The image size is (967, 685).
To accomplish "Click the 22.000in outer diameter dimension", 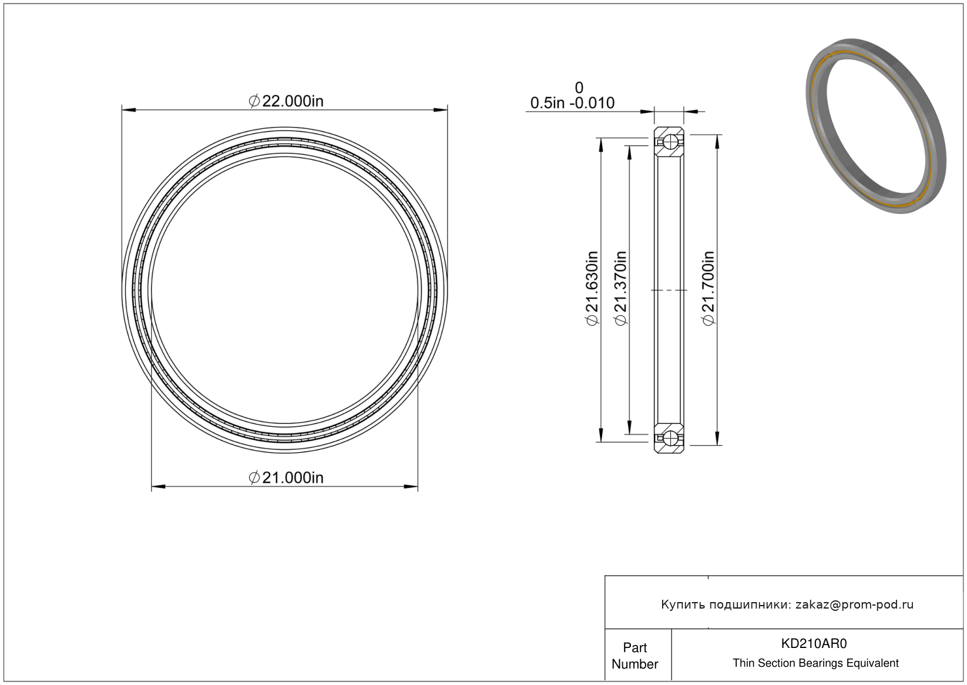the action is tap(286, 101).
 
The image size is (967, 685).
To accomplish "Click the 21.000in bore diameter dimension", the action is tap(286, 477).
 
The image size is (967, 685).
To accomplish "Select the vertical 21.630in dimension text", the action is tap(592, 288).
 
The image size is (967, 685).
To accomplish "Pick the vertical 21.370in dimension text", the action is tap(620, 288).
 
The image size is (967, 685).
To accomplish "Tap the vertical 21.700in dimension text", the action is tap(709, 288).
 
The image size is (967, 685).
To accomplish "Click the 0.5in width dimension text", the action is tap(548, 103).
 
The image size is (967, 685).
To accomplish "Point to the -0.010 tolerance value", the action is tap(592, 103).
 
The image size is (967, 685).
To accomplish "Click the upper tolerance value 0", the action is tap(579, 88).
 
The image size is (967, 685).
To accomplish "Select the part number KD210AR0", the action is tap(814, 643).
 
